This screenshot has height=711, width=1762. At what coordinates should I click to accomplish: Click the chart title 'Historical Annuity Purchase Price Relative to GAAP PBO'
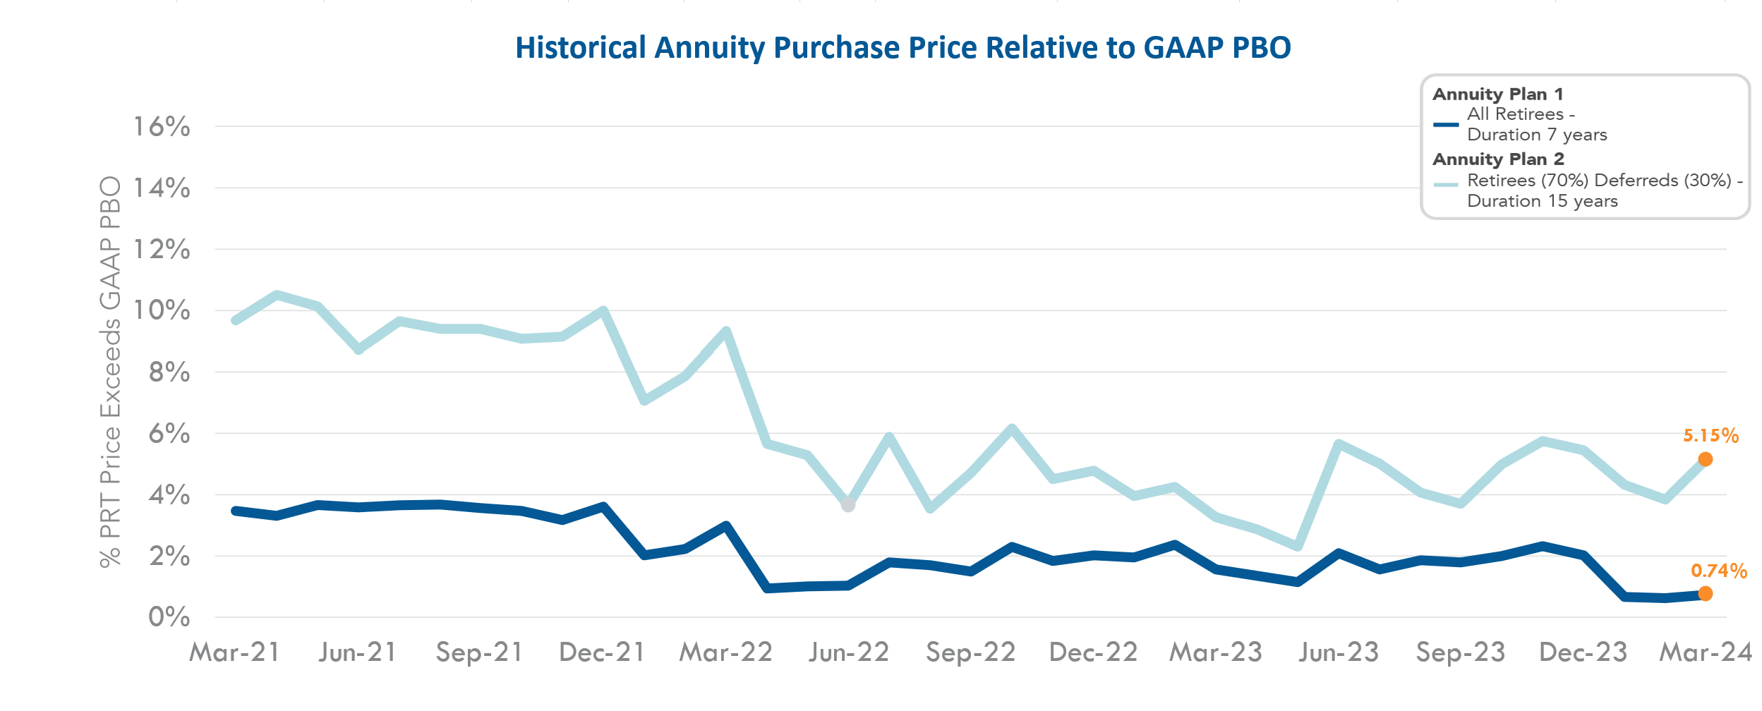tap(903, 48)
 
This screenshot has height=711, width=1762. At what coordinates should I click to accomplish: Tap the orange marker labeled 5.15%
tap(1705, 459)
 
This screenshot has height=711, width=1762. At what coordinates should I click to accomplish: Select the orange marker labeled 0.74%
tap(1705, 594)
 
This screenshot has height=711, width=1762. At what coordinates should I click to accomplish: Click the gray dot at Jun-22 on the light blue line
tap(848, 505)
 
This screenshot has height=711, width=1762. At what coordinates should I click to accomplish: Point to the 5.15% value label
tap(1710, 436)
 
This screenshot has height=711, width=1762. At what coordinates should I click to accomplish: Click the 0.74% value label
tap(1718, 571)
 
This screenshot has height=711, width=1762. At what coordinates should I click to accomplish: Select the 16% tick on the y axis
tap(162, 127)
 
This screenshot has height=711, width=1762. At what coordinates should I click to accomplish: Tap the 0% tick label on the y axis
tap(169, 618)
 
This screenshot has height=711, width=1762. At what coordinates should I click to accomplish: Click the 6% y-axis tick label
tap(169, 434)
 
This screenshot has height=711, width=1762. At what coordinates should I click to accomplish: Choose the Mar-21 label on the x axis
tap(235, 652)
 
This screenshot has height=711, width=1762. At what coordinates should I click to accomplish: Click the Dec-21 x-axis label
tap(602, 652)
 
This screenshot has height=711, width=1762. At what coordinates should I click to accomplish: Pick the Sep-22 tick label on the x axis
tap(970, 652)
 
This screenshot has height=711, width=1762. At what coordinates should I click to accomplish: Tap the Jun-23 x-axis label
tap(1339, 652)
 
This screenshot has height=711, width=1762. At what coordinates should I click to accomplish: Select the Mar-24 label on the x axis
tap(1706, 652)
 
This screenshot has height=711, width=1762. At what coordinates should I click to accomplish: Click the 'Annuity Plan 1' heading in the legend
tap(1497, 95)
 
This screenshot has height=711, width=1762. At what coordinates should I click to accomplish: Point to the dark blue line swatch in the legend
tap(1446, 125)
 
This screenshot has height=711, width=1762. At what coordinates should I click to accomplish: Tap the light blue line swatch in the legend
tap(1446, 185)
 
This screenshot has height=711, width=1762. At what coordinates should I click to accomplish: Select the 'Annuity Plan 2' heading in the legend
tap(1498, 159)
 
